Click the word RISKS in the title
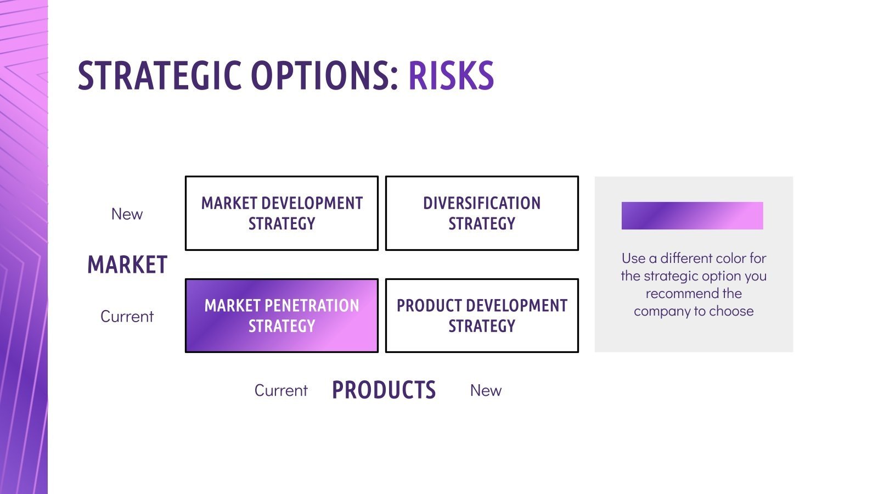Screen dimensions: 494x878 (451, 76)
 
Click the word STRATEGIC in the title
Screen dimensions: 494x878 (160, 76)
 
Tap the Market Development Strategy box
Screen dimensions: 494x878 (282, 214)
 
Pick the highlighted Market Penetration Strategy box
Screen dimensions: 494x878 (282, 316)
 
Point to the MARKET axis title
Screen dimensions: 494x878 (127, 265)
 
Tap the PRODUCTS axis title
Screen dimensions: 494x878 (384, 390)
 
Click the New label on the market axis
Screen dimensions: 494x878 (127, 214)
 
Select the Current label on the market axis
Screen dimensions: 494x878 (127, 317)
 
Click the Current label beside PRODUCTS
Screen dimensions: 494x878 (281, 391)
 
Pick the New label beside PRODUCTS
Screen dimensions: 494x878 (486, 391)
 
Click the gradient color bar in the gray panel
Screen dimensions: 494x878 (692, 216)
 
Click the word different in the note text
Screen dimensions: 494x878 (685, 259)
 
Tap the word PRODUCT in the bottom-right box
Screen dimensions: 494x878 (431, 306)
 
